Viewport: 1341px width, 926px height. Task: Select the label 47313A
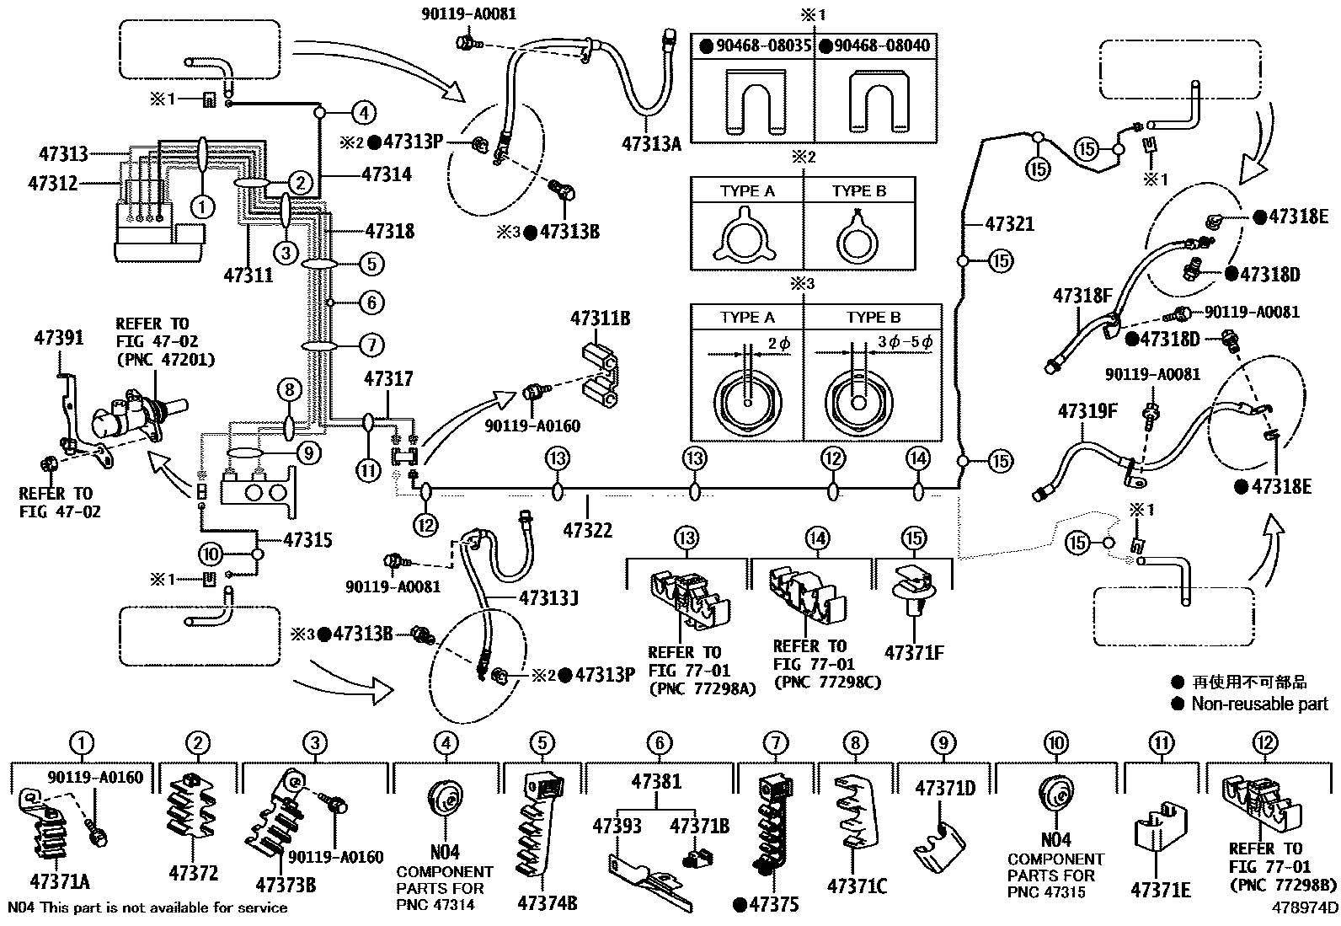coord(651,143)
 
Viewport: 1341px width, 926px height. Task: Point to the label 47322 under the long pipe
coord(587,530)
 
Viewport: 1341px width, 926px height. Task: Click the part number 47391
coord(59,338)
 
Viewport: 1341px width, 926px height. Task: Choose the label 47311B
coord(601,319)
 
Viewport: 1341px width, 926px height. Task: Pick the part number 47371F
coord(914,652)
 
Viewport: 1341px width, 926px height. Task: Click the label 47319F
coord(1087,412)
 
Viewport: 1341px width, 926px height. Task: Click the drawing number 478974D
coord(1305,907)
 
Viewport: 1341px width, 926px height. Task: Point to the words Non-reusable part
coord(1259,704)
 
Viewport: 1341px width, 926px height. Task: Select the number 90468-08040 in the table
coord(882,45)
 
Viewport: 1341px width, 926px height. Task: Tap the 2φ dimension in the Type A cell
coord(779,344)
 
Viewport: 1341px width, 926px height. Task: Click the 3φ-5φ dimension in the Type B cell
coord(903,343)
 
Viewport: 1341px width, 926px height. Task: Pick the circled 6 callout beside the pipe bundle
coord(371,302)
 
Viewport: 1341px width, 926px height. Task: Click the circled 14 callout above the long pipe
coord(918,458)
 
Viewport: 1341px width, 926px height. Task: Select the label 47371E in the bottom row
coord(1161,890)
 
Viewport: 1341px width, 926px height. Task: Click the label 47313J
coord(548,597)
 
